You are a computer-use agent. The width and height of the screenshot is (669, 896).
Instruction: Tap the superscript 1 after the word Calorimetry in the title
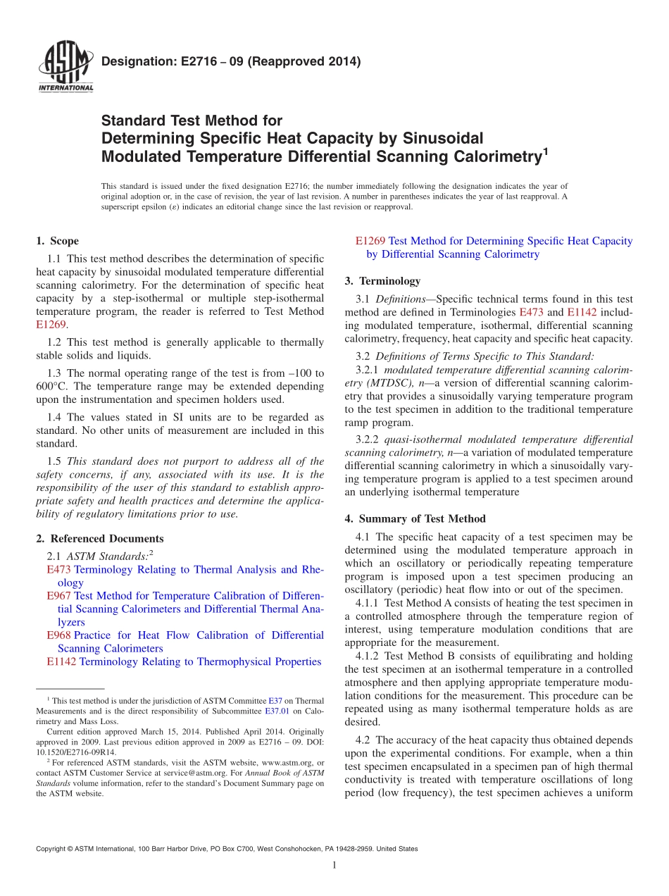click(544, 150)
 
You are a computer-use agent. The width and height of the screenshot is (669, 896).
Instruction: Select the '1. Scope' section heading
click(57, 241)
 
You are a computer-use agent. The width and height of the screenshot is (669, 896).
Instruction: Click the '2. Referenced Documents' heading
click(99, 538)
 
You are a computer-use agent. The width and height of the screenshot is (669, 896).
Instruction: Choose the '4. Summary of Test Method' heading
click(415, 518)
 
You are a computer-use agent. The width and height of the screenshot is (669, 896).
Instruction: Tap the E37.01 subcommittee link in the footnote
click(277, 711)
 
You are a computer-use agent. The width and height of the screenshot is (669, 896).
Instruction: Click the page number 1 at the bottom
click(334, 866)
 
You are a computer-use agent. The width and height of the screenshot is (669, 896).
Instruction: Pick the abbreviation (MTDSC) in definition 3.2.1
click(386, 382)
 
